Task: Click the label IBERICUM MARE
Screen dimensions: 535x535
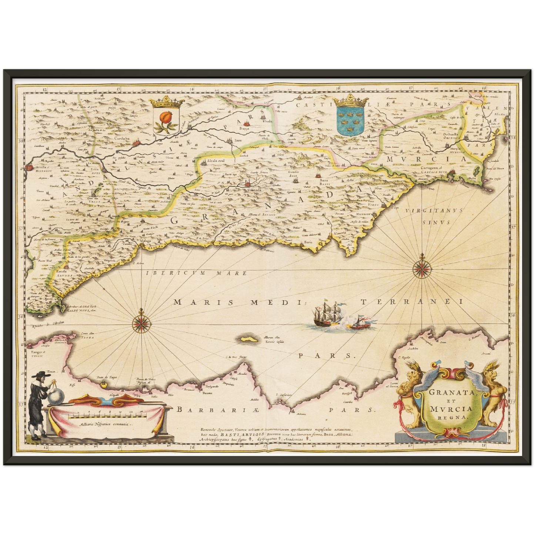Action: (196, 273)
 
